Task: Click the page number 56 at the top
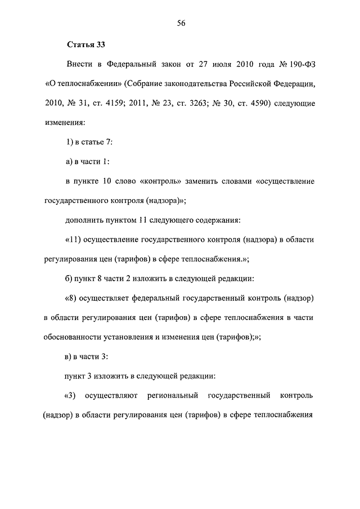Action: [x=181, y=23]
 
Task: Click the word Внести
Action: [x=79, y=65]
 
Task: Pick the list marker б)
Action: [x=69, y=278]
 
